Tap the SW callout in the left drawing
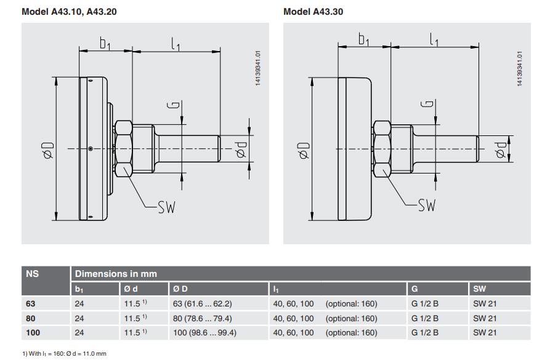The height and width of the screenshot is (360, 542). (166, 207)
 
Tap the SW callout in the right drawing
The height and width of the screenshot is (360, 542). (426, 205)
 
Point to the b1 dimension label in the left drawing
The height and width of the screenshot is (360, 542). (105, 43)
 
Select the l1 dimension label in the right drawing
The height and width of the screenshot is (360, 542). (435, 40)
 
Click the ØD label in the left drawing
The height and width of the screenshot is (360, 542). (47, 150)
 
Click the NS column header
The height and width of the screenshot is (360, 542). (32, 274)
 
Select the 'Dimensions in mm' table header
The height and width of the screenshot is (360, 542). (116, 274)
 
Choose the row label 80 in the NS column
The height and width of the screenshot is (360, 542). (30, 318)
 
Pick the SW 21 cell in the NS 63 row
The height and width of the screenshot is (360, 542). (485, 303)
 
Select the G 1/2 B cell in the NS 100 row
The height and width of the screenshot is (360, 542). (425, 333)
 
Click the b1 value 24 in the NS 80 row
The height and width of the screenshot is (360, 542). (79, 318)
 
